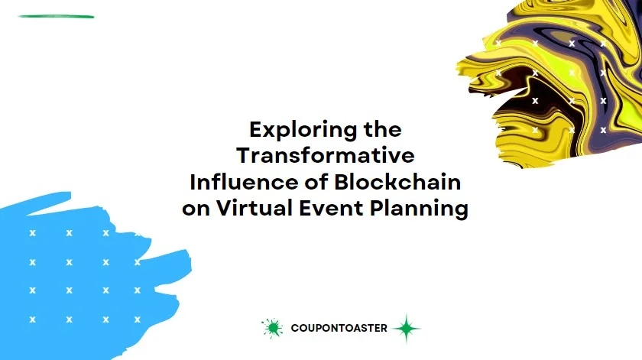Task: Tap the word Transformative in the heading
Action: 325,155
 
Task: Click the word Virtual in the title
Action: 251,209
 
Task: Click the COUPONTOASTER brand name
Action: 339,329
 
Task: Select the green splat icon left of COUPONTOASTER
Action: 271,328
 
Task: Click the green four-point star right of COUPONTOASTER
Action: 407,329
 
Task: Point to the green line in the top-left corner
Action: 56,16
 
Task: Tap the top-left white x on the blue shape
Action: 32,233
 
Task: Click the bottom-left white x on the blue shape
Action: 32,319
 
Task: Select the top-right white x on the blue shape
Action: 138,233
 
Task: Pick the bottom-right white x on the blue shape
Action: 138,319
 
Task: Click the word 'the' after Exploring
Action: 382,128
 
